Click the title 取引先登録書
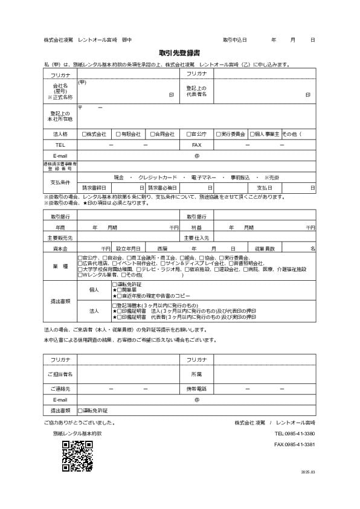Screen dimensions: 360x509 click(179, 53)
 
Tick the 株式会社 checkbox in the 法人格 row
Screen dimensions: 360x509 click(84, 134)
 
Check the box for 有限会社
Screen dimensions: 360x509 click(118, 134)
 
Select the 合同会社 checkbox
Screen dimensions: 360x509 click(152, 134)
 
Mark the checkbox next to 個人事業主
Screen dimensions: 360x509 click(251, 134)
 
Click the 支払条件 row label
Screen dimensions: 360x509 click(60, 182)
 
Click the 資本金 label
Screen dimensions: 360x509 click(60, 249)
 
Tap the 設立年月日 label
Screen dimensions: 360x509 click(128, 249)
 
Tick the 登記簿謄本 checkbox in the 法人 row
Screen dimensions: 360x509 click(115, 306)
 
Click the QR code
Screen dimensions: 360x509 click(77, 456)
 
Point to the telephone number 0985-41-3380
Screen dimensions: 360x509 click(294, 434)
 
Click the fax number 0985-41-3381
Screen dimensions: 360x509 click(294, 444)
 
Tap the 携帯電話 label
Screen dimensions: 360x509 click(196, 389)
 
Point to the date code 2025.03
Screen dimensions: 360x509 click(309, 472)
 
